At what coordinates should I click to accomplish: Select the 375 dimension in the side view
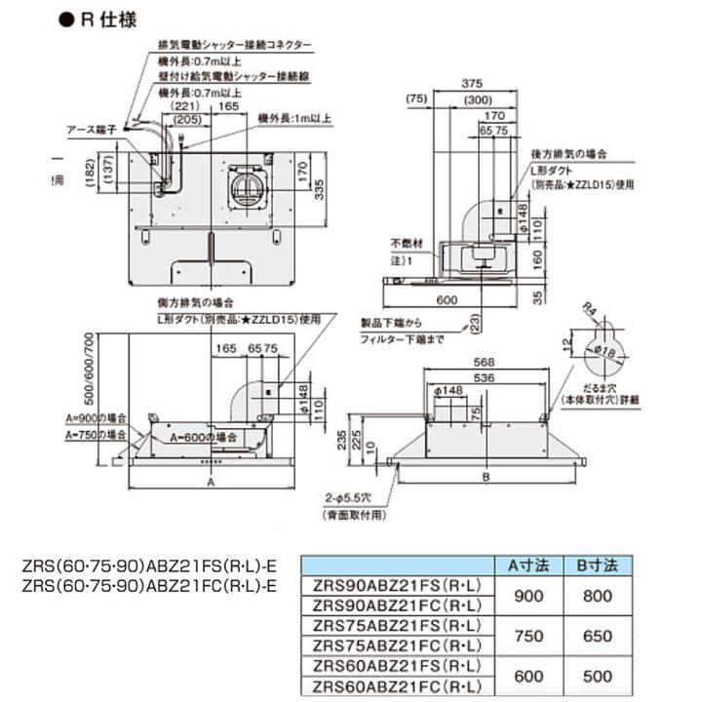click(474, 84)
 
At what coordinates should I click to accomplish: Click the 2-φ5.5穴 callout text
click(354, 498)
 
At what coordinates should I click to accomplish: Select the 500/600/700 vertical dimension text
click(90, 370)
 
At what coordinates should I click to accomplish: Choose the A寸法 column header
click(529, 565)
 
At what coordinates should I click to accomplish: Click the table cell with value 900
click(529, 595)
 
